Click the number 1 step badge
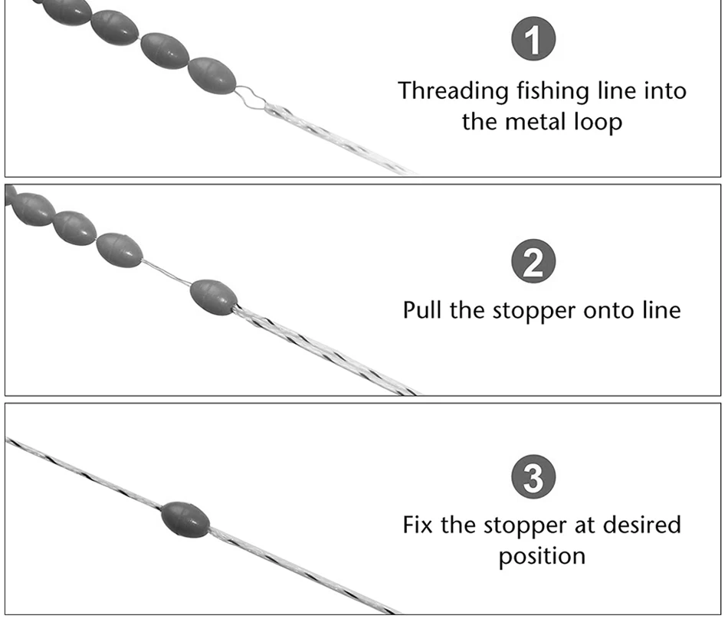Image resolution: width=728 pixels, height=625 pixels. click(x=533, y=40)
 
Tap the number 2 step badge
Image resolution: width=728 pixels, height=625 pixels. click(x=533, y=261)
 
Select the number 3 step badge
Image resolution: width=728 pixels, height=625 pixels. click(x=533, y=476)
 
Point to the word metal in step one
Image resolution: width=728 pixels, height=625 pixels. click(x=539, y=121)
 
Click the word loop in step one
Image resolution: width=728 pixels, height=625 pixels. click(x=598, y=121)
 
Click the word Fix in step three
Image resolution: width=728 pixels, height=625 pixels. click(x=418, y=525)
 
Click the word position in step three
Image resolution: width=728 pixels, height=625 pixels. click(x=542, y=555)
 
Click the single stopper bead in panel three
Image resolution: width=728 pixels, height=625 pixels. click(x=185, y=519)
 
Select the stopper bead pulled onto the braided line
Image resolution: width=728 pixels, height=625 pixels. click(x=212, y=296)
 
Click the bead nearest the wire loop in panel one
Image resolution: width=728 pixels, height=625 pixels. click(x=212, y=74)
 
